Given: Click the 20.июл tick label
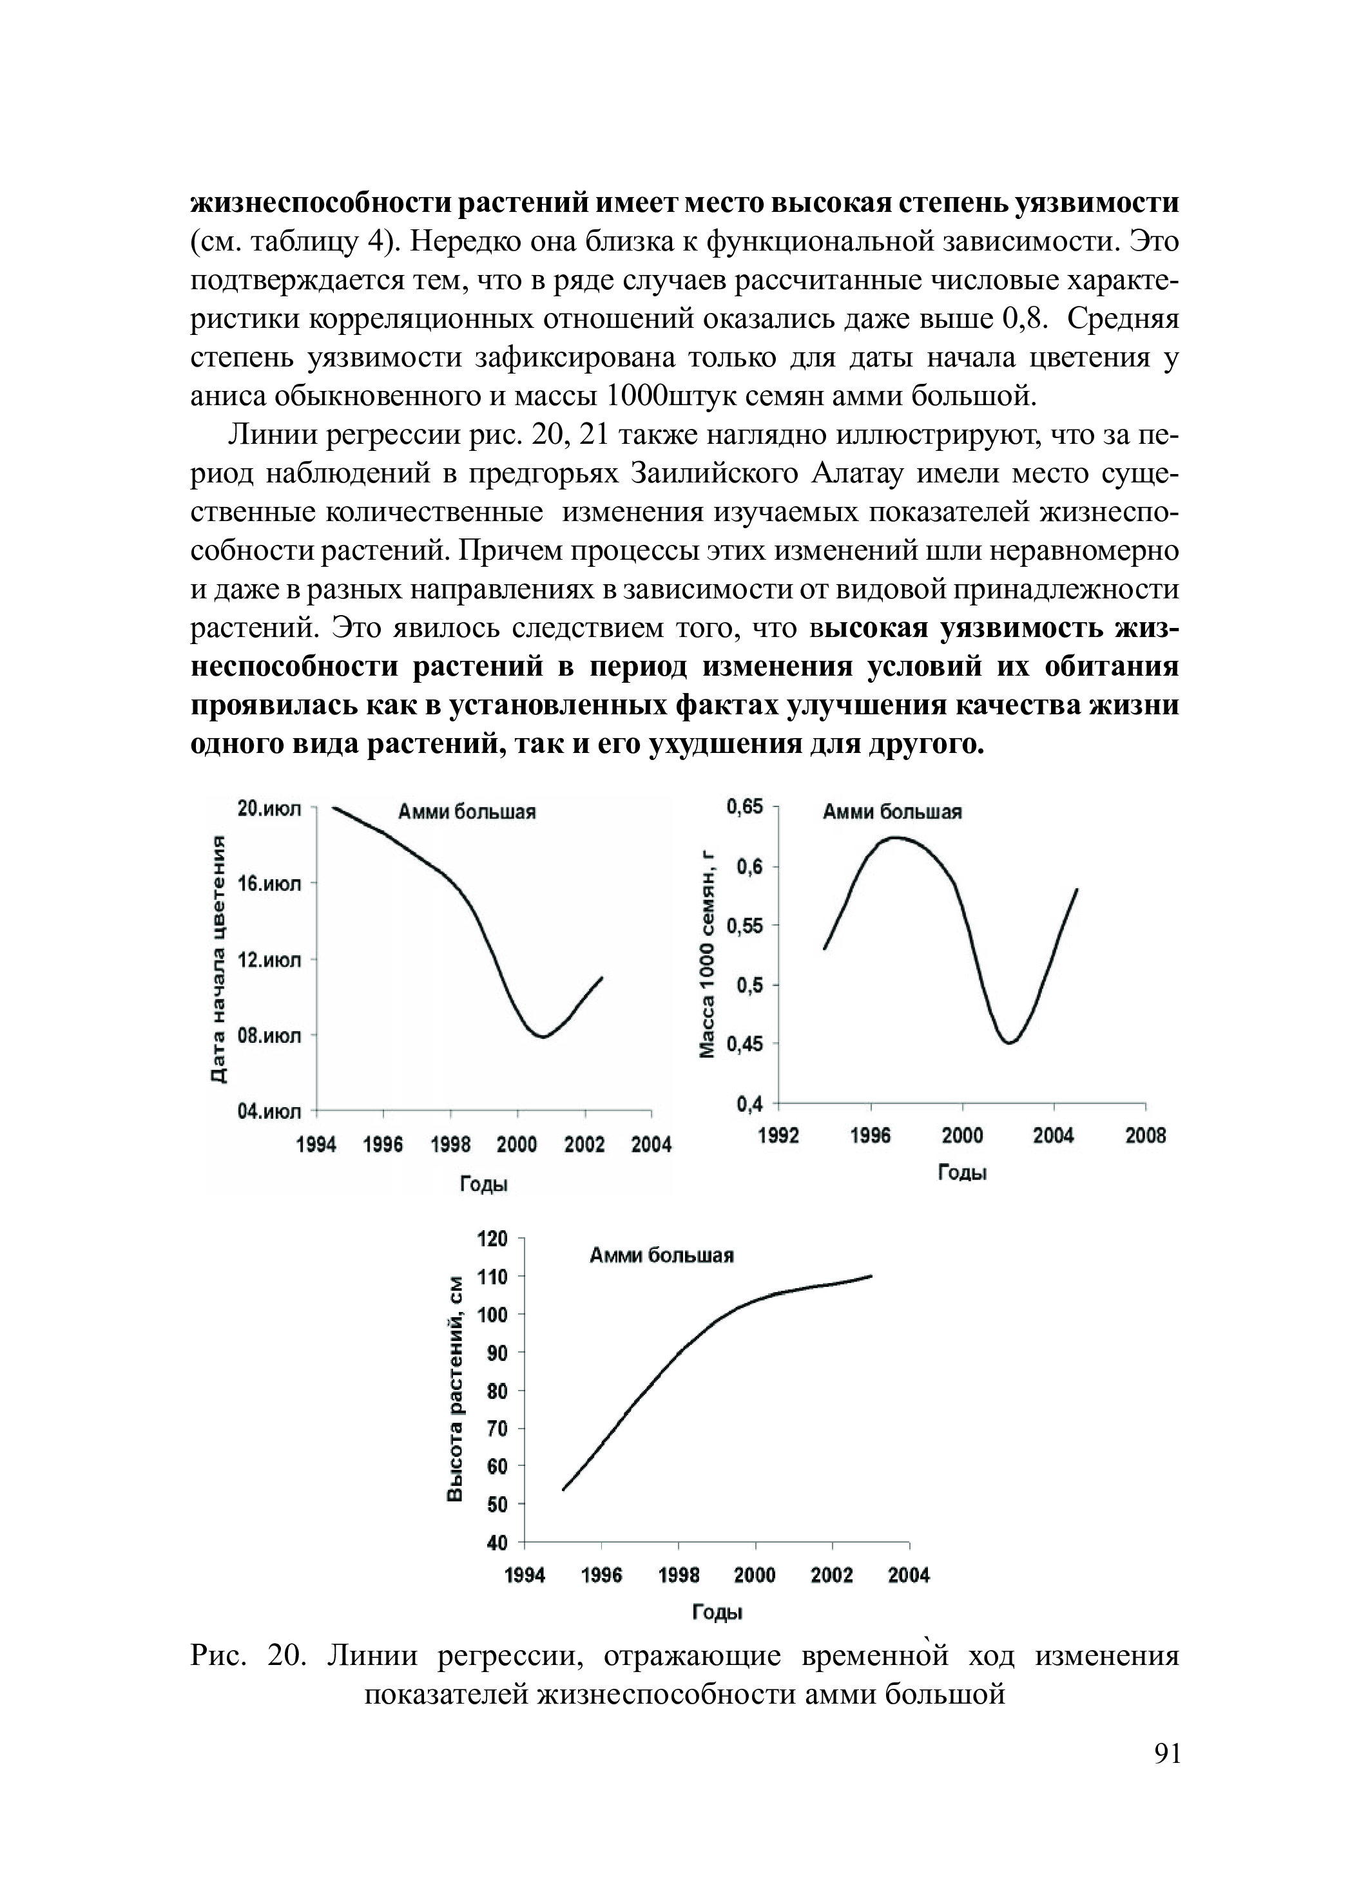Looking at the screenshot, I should [269, 809].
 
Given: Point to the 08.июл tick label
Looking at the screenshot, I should [269, 1036].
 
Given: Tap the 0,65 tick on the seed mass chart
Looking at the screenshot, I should [744, 807].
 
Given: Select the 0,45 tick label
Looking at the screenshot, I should [744, 1043].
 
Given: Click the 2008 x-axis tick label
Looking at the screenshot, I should [1144, 1136].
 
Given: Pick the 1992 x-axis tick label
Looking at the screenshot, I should [778, 1136].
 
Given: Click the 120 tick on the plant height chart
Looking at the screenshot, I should [492, 1239].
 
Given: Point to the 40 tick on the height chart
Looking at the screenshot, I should [497, 1543].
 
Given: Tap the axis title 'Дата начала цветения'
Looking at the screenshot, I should [218, 960].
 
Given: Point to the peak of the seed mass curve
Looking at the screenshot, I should [895, 837].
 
